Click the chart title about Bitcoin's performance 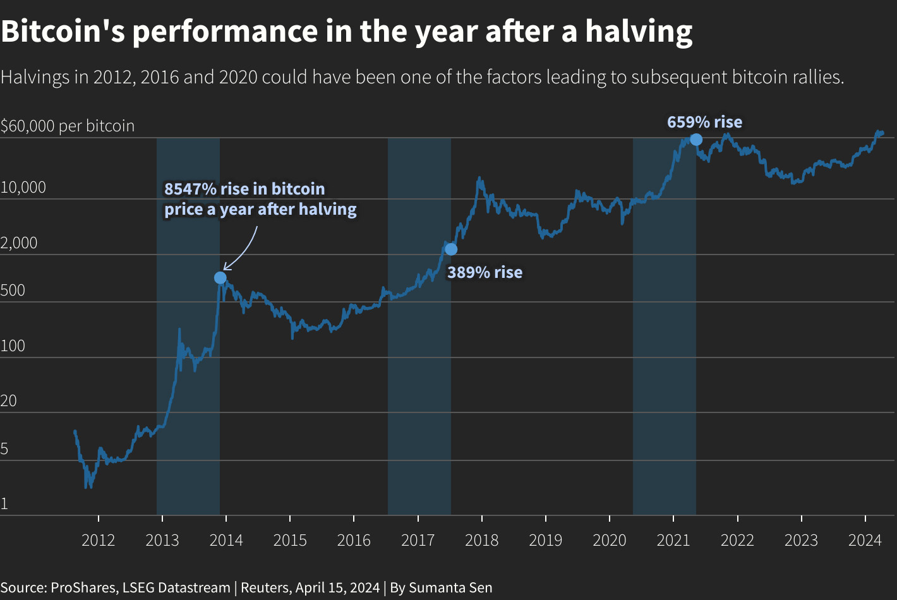(x=346, y=32)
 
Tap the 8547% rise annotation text (x=260, y=199)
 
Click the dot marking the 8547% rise (x=220, y=278)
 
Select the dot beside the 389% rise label (x=450, y=249)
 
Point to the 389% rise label (x=485, y=272)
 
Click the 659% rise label (x=704, y=122)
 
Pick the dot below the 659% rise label (x=695, y=140)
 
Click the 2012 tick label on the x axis (x=99, y=541)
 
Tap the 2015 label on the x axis (x=290, y=541)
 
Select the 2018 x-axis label (x=481, y=541)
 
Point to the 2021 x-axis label (x=673, y=541)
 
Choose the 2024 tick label (x=865, y=541)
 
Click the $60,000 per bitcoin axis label (x=68, y=126)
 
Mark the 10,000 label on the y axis (x=23, y=187)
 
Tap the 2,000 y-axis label (x=19, y=243)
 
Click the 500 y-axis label (x=13, y=291)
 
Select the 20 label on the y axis (x=9, y=400)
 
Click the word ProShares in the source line (x=83, y=588)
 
